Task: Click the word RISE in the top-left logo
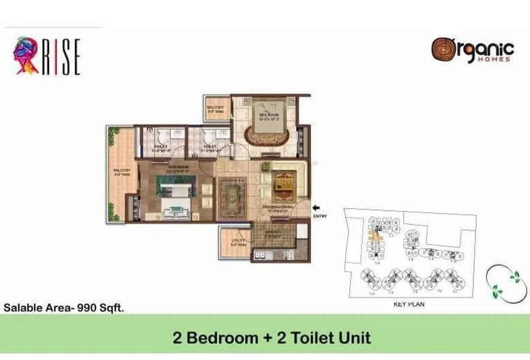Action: [61, 57]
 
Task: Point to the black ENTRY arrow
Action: [317, 208]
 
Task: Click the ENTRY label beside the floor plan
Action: [320, 216]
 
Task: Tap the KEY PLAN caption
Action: [408, 305]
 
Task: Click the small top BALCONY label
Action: [215, 108]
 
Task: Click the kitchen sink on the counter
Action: [261, 255]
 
